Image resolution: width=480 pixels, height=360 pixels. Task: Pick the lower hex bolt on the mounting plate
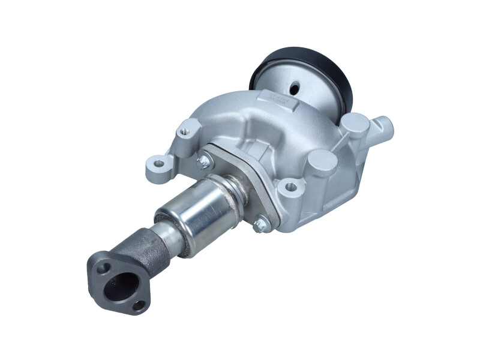(x=259, y=226)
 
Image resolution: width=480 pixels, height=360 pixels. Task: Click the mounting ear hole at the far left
(x=158, y=163)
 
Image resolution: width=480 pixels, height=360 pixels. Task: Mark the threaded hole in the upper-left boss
(x=190, y=127)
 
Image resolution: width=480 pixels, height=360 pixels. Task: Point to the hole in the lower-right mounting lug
(x=291, y=187)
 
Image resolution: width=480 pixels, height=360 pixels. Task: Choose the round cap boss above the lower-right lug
(x=322, y=163)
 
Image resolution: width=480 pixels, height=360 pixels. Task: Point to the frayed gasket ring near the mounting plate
(x=234, y=186)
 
